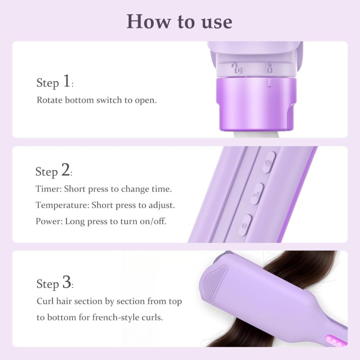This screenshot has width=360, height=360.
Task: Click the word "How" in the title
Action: (x=149, y=21)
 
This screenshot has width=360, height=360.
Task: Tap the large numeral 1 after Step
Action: (x=67, y=81)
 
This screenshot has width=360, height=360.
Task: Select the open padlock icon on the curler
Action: (x=236, y=68)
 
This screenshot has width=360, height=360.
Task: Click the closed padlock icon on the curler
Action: (x=269, y=68)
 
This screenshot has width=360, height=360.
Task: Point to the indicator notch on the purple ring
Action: (x=270, y=82)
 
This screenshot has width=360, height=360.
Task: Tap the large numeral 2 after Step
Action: (x=65, y=170)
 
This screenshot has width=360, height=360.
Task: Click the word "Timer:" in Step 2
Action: (x=49, y=189)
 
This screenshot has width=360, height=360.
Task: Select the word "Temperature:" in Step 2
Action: (x=62, y=205)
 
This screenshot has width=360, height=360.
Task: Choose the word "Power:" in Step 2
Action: (x=49, y=221)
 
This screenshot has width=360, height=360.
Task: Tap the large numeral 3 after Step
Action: (x=67, y=282)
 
